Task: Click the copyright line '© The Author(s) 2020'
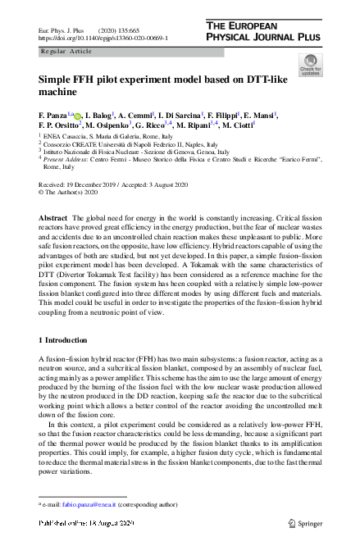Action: point(69,193)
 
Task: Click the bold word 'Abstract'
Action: point(53,217)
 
